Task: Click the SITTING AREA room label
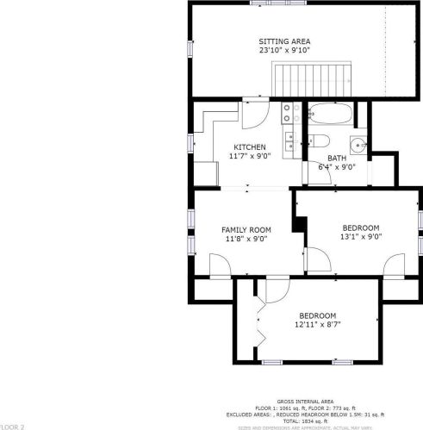(x=283, y=41)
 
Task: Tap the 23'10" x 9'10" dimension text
(x=283, y=51)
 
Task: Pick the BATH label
(x=336, y=158)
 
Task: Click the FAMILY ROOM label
(x=246, y=230)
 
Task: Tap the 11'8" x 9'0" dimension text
(x=246, y=240)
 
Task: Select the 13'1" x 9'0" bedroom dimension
(x=360, y=237)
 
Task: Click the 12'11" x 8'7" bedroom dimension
(x=317, y=325)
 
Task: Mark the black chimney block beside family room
(x=299, y=223)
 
